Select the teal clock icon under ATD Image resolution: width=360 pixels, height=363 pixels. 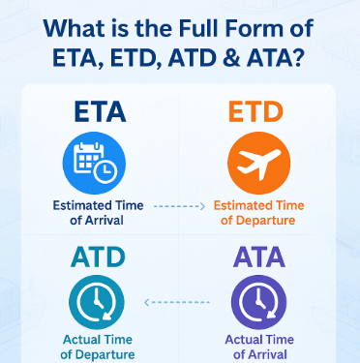(100, 302)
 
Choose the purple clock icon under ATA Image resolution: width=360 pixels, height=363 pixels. (258, 302)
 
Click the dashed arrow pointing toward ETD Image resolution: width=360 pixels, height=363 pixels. (179, 206)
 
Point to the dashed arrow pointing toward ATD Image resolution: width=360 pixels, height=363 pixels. (179, 303)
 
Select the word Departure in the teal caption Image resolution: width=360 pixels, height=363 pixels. (107, 354)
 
